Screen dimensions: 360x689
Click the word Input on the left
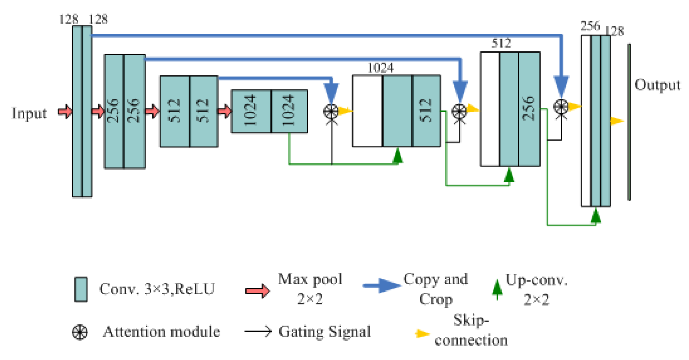[29, 113]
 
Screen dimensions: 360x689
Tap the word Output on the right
[657, 85]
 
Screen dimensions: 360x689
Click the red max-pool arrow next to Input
[65, 112]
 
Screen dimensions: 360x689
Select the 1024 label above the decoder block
[380, 68]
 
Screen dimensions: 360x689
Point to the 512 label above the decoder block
[501, 43]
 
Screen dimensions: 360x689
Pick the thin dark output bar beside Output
[629, 122]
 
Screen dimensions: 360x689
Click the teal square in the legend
[81, 289]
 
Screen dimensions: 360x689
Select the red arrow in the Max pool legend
[258, 291]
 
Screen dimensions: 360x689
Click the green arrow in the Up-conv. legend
[497, 288]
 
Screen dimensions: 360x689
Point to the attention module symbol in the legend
[80, 332]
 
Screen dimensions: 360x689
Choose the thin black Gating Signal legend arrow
[258, 331]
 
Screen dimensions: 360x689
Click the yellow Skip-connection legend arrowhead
[422, 334]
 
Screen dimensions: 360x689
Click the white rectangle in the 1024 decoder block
[368, 111]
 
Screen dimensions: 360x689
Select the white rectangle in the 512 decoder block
[490, 109]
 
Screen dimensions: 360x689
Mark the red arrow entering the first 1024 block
[224, 111]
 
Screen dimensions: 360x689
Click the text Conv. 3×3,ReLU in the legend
[157, 289]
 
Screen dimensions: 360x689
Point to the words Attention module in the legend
[161, 332]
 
